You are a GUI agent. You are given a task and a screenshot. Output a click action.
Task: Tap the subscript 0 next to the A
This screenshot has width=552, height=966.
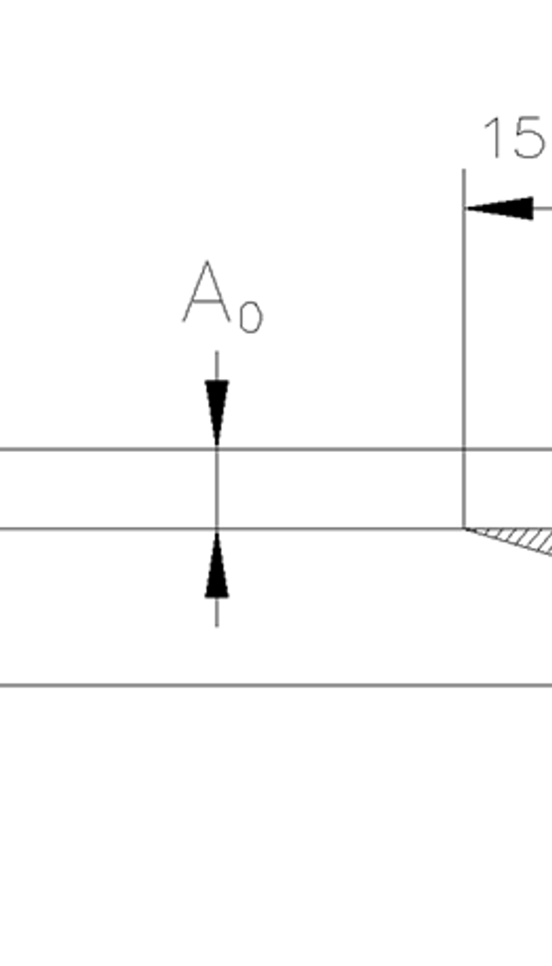click(251, 318)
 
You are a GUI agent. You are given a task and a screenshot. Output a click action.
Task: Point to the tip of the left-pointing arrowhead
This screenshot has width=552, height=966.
click(465, 208)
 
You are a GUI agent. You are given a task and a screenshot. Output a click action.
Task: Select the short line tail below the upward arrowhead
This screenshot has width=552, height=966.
click(217, 613)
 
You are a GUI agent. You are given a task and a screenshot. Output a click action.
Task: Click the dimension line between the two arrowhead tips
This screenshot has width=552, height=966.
click(217, 489)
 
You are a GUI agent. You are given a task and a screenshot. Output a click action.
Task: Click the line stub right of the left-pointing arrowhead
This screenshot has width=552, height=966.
click(543, 208)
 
